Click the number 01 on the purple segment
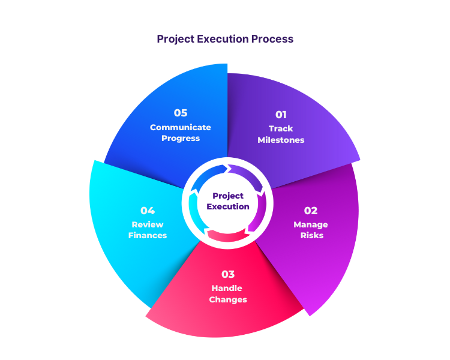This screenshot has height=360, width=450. [281, 115]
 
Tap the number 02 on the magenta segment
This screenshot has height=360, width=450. [310, 211]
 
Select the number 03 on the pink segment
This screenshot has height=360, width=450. [228, 274]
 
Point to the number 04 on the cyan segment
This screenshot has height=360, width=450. [148, 211]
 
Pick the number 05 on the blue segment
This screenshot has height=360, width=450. [181, 113]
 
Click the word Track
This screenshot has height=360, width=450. [281, 128]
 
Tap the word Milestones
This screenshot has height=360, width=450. [281, 140]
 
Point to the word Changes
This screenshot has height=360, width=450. [228, 299]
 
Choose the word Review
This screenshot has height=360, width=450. [148, 224]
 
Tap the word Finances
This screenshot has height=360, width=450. [148, 235]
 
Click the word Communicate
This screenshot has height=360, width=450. [181, 127]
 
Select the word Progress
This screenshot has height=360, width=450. [181, 138]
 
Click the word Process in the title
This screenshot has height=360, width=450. [273, 39]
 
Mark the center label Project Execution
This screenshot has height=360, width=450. [228, 201]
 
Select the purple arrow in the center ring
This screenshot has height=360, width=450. [246, 175]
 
